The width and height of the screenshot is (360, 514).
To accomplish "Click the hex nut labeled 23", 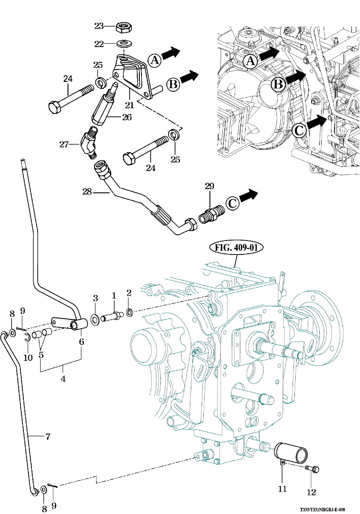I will click(124, 27).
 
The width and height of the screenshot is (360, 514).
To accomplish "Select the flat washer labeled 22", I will click(125, 43).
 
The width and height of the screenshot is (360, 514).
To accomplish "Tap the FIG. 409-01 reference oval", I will click(236, 247).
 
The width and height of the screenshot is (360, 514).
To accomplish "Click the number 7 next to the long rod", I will click(48, 437).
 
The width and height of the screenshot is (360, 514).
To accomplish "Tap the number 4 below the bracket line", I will click(63, 379).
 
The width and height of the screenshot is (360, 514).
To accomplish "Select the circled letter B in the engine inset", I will click(278, 85).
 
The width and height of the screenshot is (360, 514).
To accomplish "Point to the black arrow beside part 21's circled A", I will click(171, 53).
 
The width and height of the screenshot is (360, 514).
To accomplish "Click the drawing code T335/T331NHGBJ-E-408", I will click(322, 509).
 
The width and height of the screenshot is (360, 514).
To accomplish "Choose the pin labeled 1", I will click(112, 317).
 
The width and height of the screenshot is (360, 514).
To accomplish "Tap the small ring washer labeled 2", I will click(129, 313).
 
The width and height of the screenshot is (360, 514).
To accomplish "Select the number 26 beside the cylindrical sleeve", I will click(127, 117).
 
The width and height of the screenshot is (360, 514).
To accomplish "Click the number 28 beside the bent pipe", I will click(87, 192).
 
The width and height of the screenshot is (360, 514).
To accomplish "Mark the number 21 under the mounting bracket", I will click(129, 105).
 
